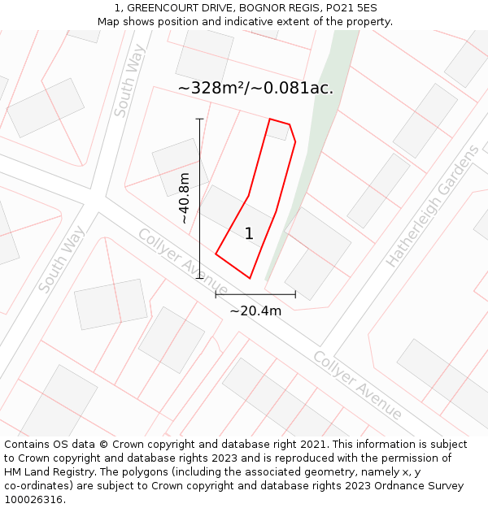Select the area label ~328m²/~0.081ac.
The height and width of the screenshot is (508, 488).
click(255, 88)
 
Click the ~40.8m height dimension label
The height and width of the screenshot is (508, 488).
click(185, 198)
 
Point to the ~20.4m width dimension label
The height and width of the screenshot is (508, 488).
click(255, 310)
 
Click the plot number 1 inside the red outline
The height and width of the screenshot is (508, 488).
click(249, 234)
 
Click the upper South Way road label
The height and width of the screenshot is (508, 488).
click(130, 80)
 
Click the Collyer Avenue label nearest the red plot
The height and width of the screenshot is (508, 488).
click(182, 262)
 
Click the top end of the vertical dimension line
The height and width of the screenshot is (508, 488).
click(199, 119)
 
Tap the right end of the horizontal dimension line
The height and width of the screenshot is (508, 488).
click(295, 294)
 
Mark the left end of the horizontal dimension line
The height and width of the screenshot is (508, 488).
click(216, 294)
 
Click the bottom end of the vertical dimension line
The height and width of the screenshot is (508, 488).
click(199, 278)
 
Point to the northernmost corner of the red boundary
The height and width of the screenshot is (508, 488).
click(270, 119)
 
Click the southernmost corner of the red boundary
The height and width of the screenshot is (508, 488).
click(250, 279)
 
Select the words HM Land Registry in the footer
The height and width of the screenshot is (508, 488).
click(47, 472)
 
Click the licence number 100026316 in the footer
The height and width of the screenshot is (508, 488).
click(34, 500)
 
